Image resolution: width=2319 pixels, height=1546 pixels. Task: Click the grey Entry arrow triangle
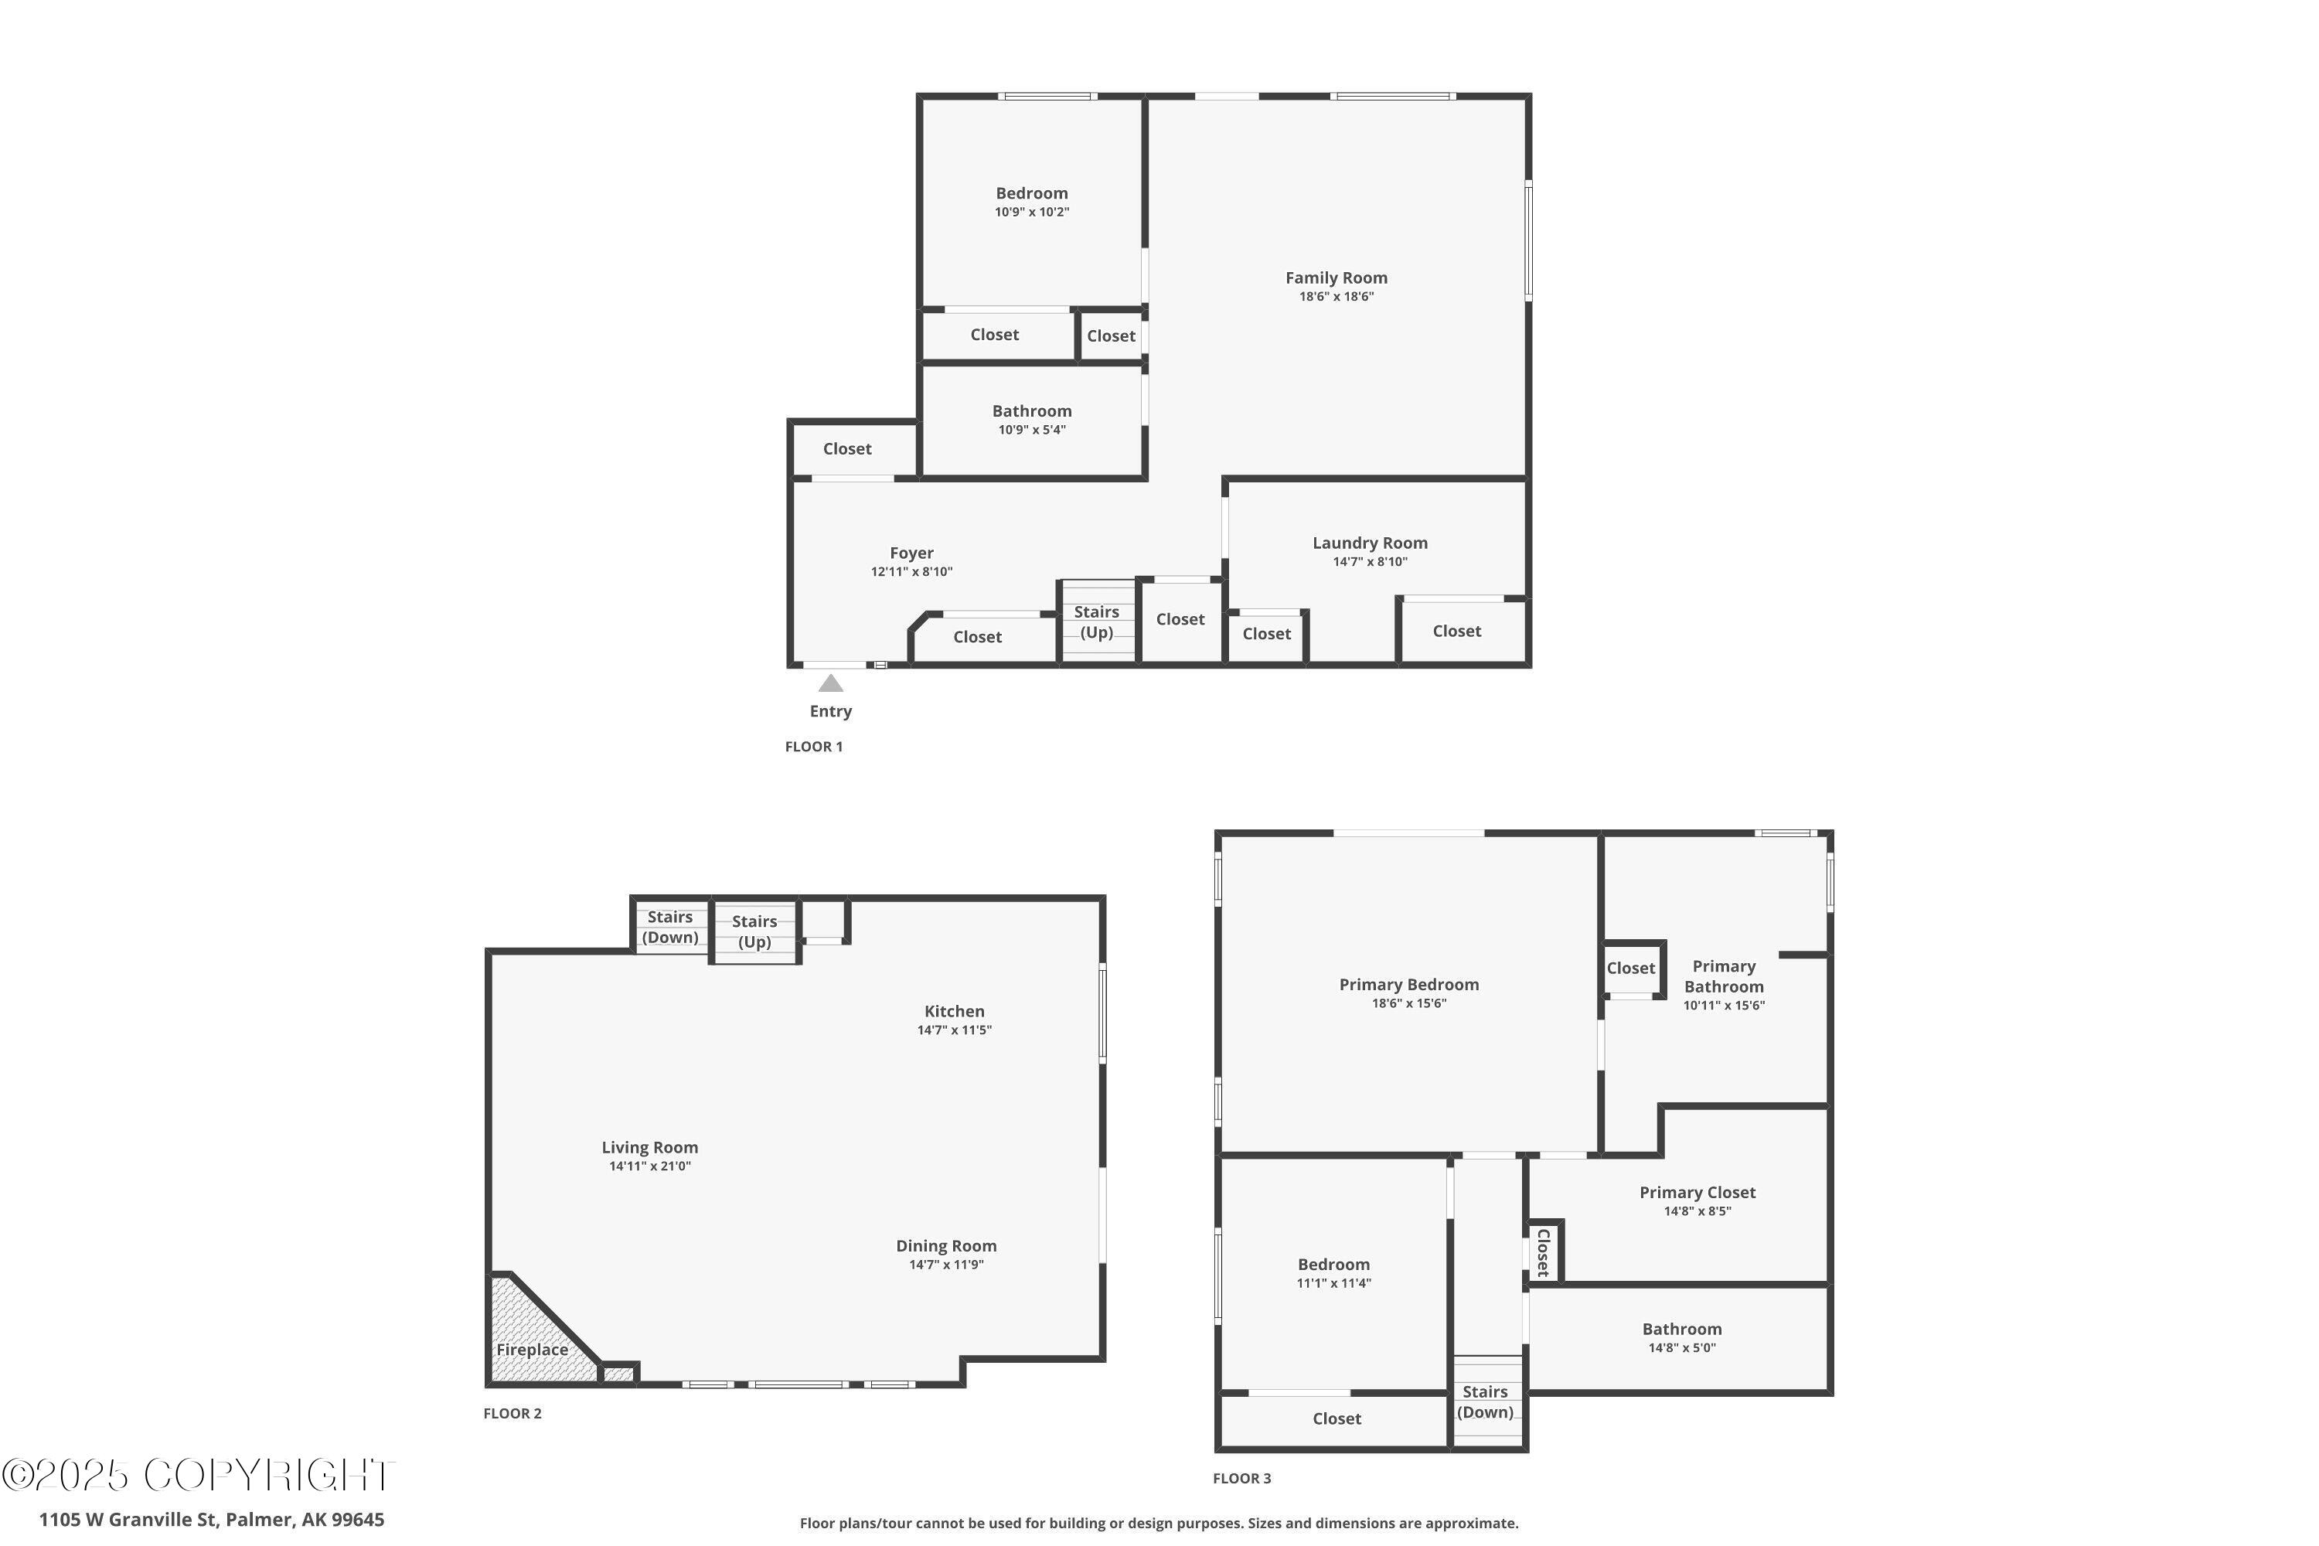coord(831,683)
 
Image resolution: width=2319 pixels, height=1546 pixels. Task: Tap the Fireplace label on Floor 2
coord(532,1350)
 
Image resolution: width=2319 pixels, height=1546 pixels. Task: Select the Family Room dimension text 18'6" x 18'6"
coord(1336,297)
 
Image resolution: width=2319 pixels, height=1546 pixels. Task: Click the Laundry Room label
coord(1370,543)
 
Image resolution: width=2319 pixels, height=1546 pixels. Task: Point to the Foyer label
coord(911,553)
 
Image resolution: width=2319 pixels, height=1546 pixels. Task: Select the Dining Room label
coord(945,1246)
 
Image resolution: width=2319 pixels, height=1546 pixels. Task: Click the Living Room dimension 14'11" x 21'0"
coord(650,1166)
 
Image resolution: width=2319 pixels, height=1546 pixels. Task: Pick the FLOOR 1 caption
coord(813,747)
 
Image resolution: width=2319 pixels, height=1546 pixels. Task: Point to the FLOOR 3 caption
coord(1241,1478)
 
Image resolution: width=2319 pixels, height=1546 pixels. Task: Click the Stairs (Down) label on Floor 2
coord(669,928)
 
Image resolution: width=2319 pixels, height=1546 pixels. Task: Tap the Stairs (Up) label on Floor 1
coord(1096,622)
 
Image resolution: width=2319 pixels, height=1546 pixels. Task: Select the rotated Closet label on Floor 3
coord(1544,1252)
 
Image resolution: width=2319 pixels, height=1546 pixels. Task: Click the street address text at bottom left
coord(211,1520)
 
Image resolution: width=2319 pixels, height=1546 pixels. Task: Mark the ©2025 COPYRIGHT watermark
coord(197,1475)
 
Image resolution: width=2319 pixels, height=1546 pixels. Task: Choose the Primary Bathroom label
coord(1724,977)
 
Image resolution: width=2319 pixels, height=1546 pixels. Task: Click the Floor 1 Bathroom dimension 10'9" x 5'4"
coord(1031,430)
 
